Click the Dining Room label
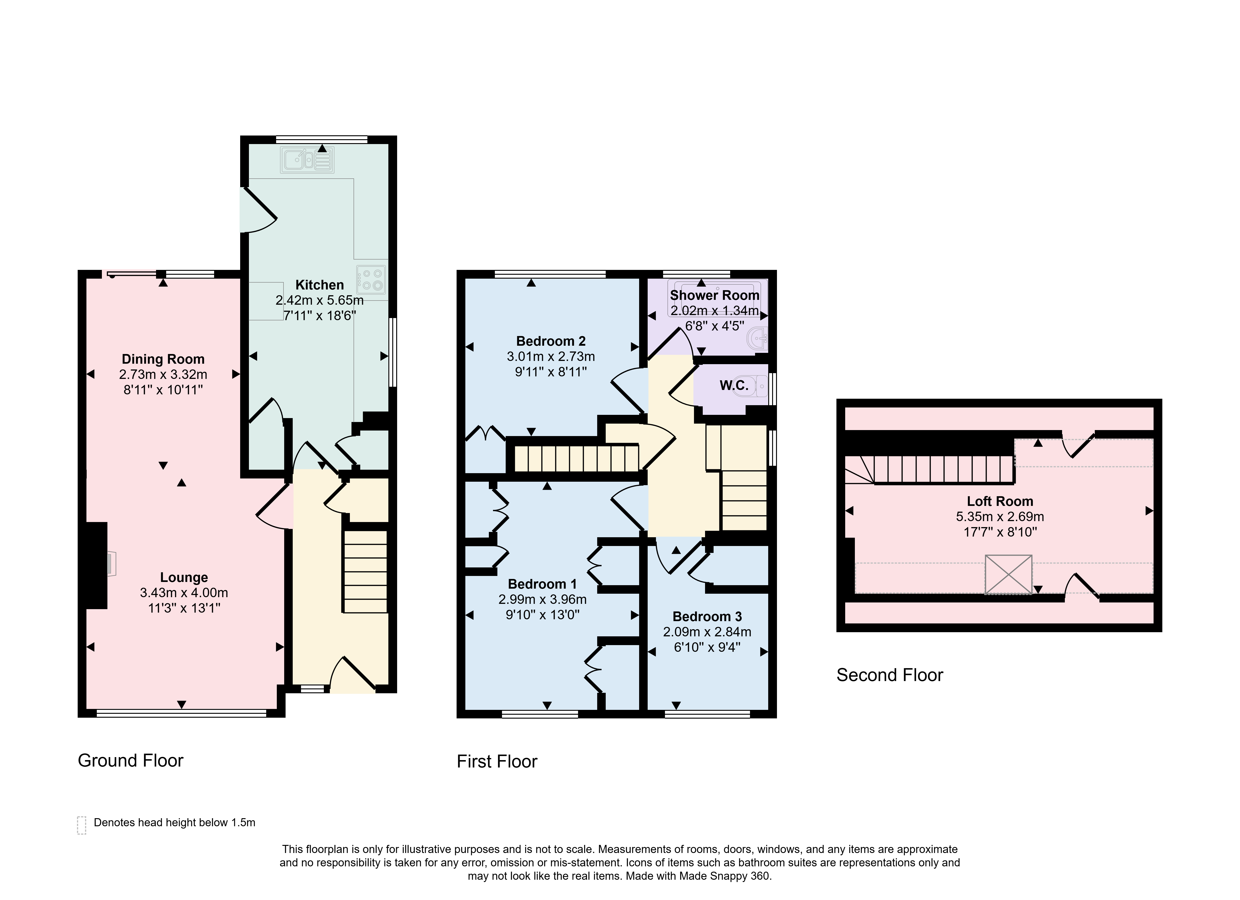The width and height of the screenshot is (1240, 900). click(x=163, y=359)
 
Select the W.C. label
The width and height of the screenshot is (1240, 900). click(x=734, y=386)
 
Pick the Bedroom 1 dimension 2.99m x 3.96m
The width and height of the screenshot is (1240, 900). click(x=542, y=599)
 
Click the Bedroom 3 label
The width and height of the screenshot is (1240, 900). click(x=707, y=617)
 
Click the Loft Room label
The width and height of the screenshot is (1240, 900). click(x=1000, y=502)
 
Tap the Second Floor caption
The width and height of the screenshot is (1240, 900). click(x=889, y=675)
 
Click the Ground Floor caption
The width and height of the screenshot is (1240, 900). click(x=131, y=761)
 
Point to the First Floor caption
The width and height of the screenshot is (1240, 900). click(x=497, y=762)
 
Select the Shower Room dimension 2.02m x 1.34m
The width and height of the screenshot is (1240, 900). click(x=714, y=311)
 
